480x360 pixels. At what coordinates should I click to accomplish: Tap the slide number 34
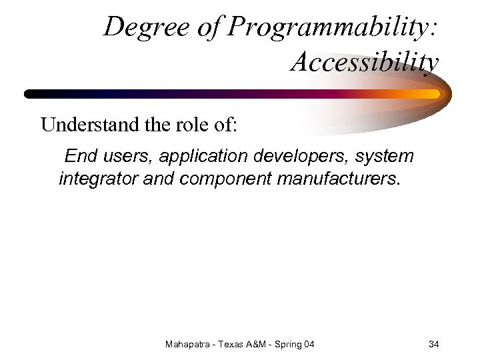(x=433, y=344)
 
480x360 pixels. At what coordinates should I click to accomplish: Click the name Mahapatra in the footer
(x=187, y=344)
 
